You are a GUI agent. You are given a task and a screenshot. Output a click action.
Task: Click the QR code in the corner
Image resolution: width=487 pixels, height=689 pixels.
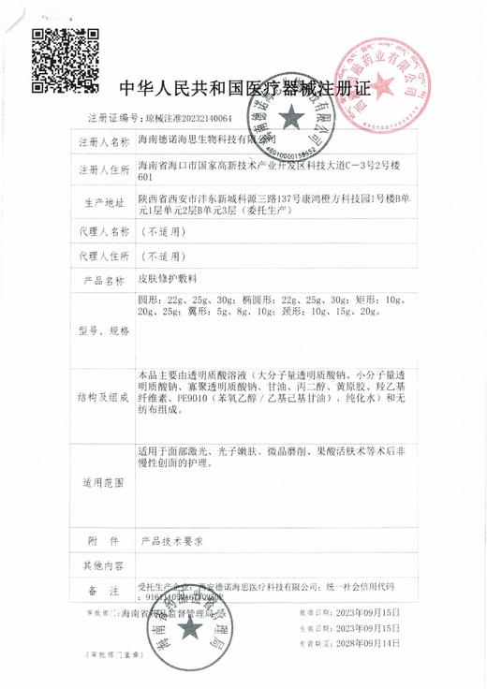59,55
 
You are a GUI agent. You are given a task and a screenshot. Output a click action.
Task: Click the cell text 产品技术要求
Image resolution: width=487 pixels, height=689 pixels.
172,542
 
